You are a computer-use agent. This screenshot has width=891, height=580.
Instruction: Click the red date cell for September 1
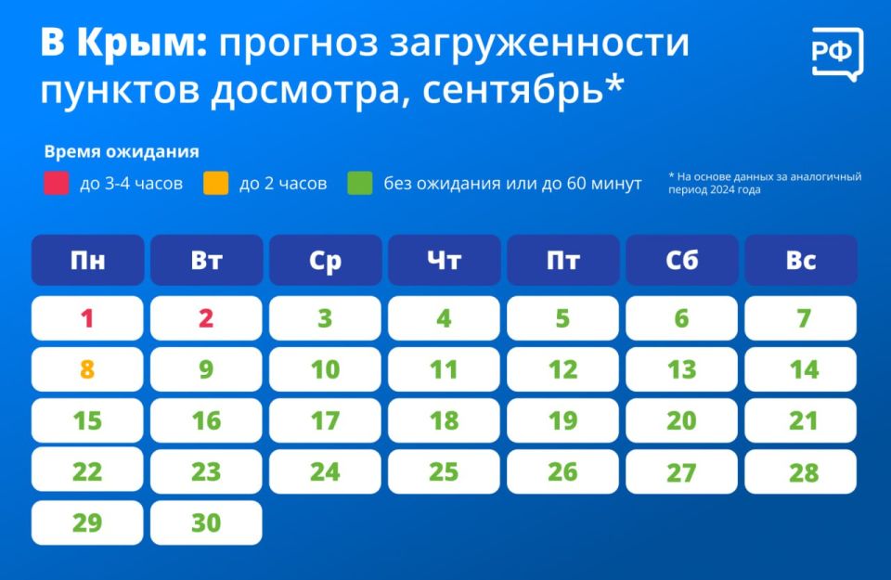87,318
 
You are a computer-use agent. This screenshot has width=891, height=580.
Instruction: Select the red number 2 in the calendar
206,318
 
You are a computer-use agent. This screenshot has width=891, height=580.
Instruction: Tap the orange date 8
87,369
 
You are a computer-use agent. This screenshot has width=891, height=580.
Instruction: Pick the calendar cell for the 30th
206,522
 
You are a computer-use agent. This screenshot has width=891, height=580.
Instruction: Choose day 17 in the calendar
325,420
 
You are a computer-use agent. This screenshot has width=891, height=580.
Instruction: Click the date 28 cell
801,471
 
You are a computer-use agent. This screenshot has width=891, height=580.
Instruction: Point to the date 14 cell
801,369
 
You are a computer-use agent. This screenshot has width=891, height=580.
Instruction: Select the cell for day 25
444,471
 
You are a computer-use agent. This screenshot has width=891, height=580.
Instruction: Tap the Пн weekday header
87,260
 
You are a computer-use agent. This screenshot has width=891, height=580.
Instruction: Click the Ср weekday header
325,260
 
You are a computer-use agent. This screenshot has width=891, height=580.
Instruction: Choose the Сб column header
682,260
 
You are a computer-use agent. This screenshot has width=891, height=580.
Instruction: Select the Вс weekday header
801,260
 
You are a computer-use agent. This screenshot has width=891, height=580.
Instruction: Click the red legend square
57,183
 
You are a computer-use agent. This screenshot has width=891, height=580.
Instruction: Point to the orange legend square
216,183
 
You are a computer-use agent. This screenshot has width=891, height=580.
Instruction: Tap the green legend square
360,183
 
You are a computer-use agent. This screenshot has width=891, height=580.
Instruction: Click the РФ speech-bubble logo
837,54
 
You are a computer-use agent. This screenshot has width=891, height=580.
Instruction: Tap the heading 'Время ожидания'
122,151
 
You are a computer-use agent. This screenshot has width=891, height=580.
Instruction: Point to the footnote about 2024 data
765,183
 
